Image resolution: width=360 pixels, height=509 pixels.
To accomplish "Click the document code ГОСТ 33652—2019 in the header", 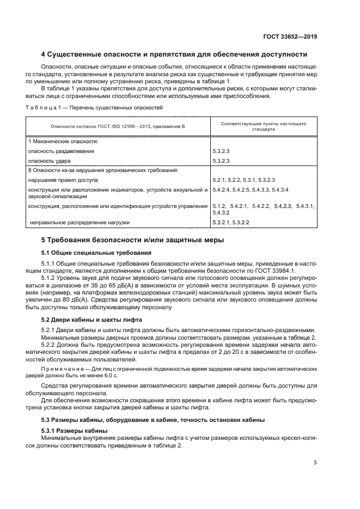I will coord(291,36).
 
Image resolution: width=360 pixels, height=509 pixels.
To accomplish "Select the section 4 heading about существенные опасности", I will coord(174,54).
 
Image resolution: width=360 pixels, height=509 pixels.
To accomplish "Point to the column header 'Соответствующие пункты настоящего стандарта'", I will coord(263,126).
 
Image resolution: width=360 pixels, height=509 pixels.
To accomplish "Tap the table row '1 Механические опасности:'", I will coord(60,141).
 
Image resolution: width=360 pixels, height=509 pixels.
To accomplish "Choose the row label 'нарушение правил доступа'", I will coord(63,180).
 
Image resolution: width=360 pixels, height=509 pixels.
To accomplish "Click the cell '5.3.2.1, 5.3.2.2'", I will coord(231,223).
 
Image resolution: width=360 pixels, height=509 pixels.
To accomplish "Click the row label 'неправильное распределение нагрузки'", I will coord(80,223).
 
